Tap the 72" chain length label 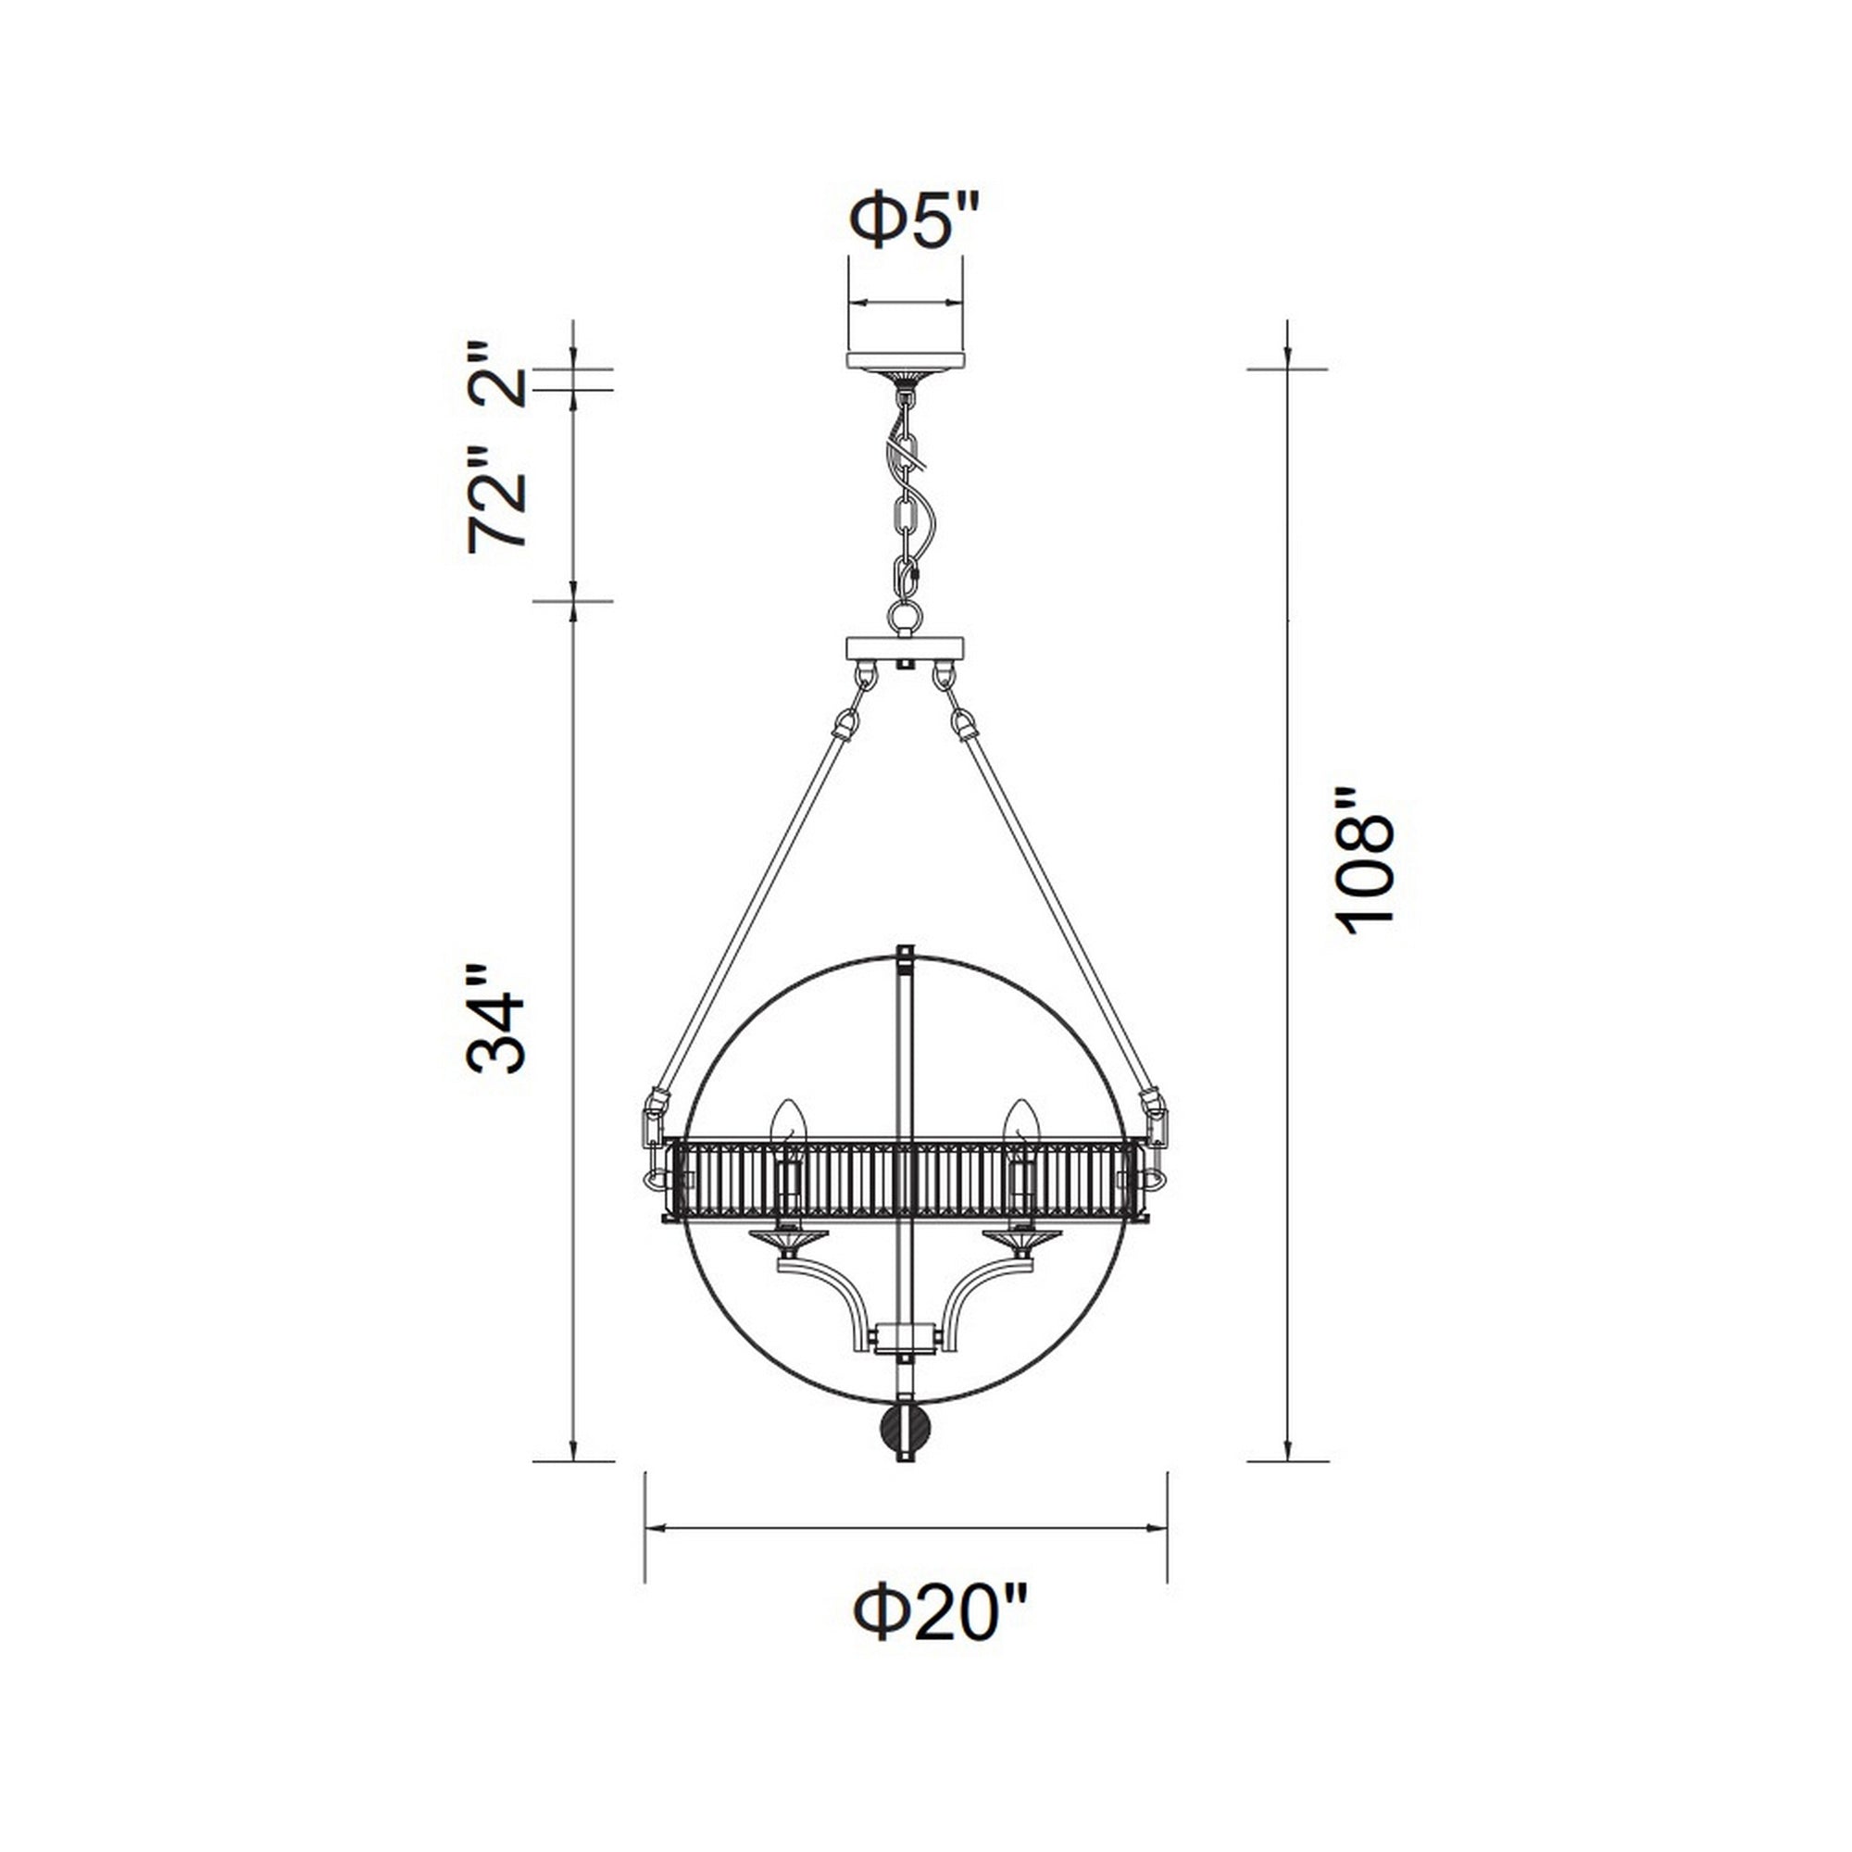click(498, 499)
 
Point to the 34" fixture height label click(496, 1019)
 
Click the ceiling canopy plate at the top click(905, 360)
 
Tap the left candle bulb click(788, 1123)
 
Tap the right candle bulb click(1020, 1123)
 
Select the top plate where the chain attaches click(905, 649)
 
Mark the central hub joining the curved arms click(905, 1334)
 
